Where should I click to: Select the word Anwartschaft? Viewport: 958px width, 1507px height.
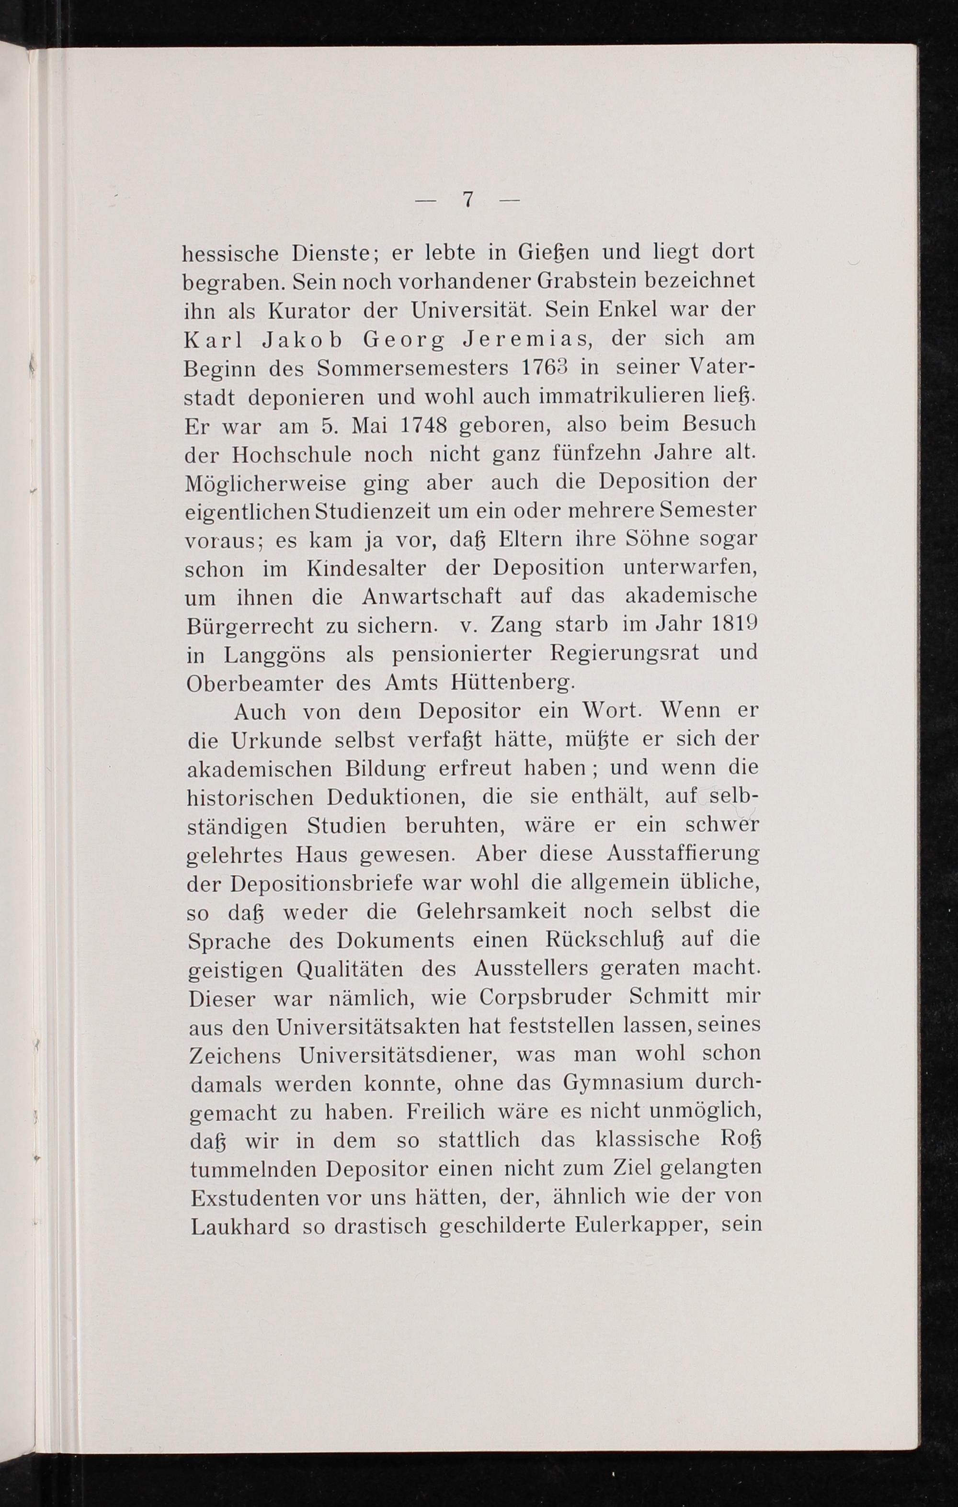pos(432,597)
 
